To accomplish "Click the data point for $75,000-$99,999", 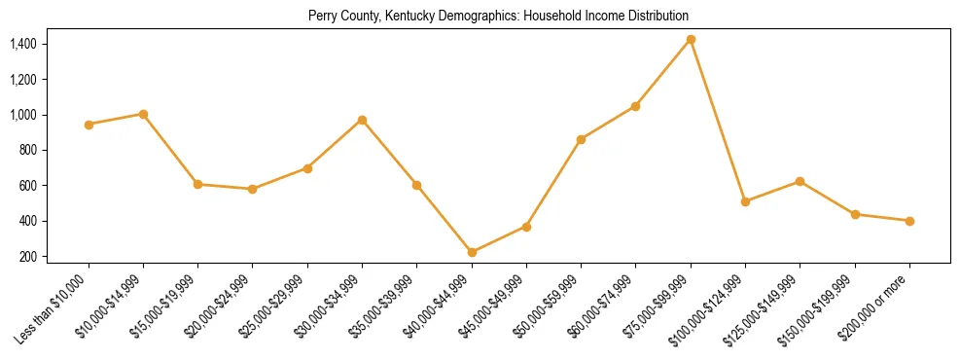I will (x=691, y=39).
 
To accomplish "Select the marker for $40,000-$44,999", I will (x=472, y=252).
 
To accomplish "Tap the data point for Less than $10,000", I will (x=89, y=125).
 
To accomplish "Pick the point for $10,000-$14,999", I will (x=143, y=114).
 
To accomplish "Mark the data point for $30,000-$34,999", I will (x=362, y=120).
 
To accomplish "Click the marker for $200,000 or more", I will (x=909, y=221).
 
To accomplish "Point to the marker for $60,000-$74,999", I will (x=635, y=106).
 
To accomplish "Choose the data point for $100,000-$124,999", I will (x=745, y=201).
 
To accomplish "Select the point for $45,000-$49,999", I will (x=526, y=227).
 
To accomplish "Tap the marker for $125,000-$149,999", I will (x=800, y=181).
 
